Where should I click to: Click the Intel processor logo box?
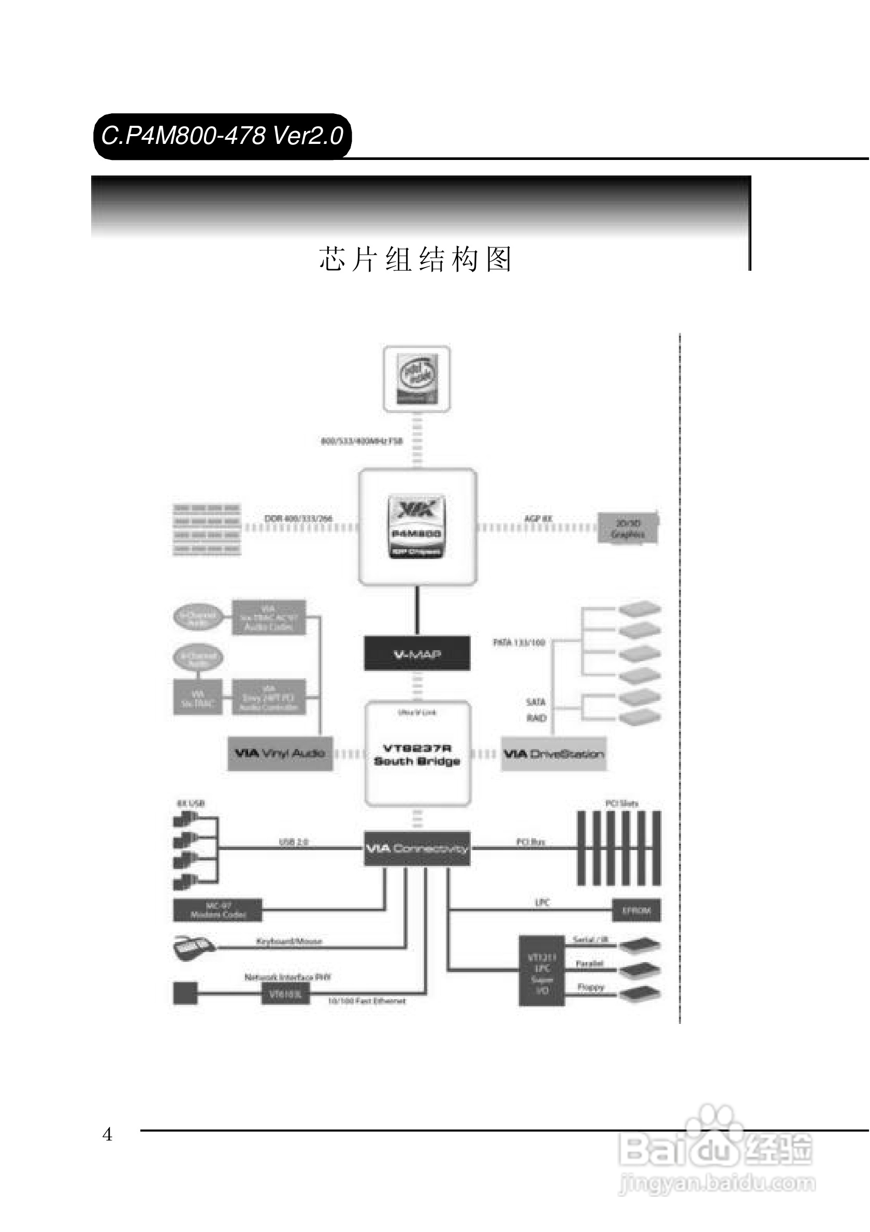tap(416, 379)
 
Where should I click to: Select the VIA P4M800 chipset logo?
tap(416, 526)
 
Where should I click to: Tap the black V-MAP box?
tap(417, 654)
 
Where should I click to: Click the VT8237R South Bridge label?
tap(417, 754)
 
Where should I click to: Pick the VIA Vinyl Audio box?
tap(280, 754)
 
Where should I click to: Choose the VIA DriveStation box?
tap(554, 754)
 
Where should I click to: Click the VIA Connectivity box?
tap(417, 848)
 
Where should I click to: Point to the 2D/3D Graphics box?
tap(628, 528)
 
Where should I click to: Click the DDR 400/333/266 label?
tap(298, 518)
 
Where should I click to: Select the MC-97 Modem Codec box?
tap(218, 911)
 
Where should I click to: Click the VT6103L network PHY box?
tap(285, 994)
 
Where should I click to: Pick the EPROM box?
tap(636, 911)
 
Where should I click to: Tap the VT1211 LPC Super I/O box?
tap(542, 971)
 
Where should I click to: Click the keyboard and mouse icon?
tap(193, 948)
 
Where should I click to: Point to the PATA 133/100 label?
tap(519, 642)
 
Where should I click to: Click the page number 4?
tap(107, 1134)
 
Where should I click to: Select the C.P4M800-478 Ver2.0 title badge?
tap(222, 136)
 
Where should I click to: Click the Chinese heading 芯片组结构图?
tap(415, 260)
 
